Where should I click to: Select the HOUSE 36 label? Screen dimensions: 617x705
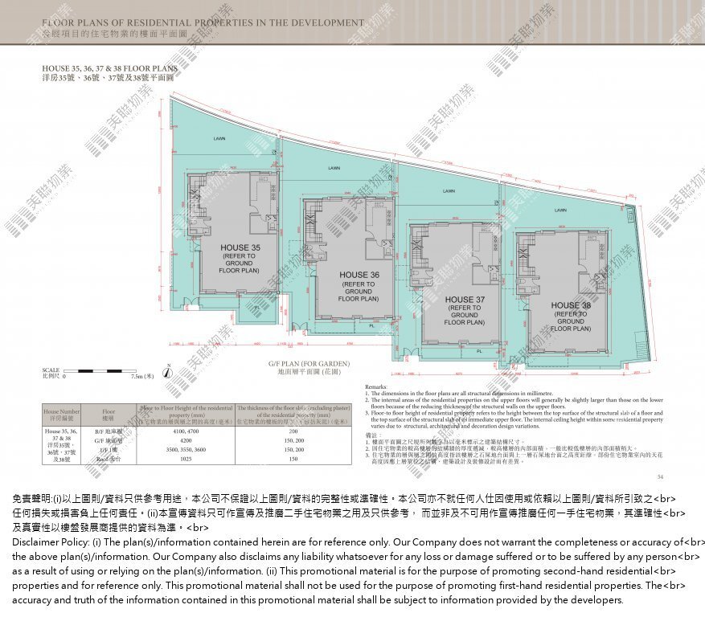(359, 275)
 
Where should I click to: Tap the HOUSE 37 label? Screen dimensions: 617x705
(465, 300)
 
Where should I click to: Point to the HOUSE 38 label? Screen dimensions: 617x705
(571, 305)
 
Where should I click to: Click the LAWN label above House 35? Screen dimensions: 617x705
(219, 138)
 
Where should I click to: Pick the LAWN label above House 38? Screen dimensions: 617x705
(560, 210)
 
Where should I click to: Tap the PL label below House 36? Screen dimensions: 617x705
(371, 326)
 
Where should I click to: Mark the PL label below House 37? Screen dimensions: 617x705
(479, 351)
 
